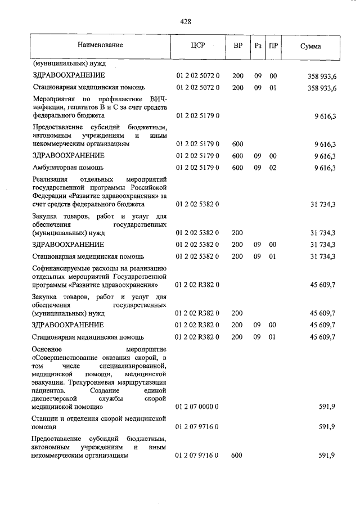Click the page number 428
pyautogui.click(x=186, y=22)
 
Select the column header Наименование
pyautogui.click(x=101, y=44)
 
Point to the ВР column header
pyautogui.click(x=237, y=44)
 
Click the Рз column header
pyautogui.click(x=258, y=44)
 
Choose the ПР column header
pyautogui.click(x=273, y=44)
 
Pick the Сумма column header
pyautogui.click(x=311, y=44)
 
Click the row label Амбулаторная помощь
pyautogui.click(x=67, y=168)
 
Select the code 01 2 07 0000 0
pyautogui.click(x=197, y=406)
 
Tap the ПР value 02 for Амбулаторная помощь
pyautogui.click(x=273, y=168)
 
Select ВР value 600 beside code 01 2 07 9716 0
pyautogui.click(x=237, y=456)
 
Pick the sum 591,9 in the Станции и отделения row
pyautogui.click(x=327, y=427)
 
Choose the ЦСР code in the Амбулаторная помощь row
pyautogui.click(x=197, y=168)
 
